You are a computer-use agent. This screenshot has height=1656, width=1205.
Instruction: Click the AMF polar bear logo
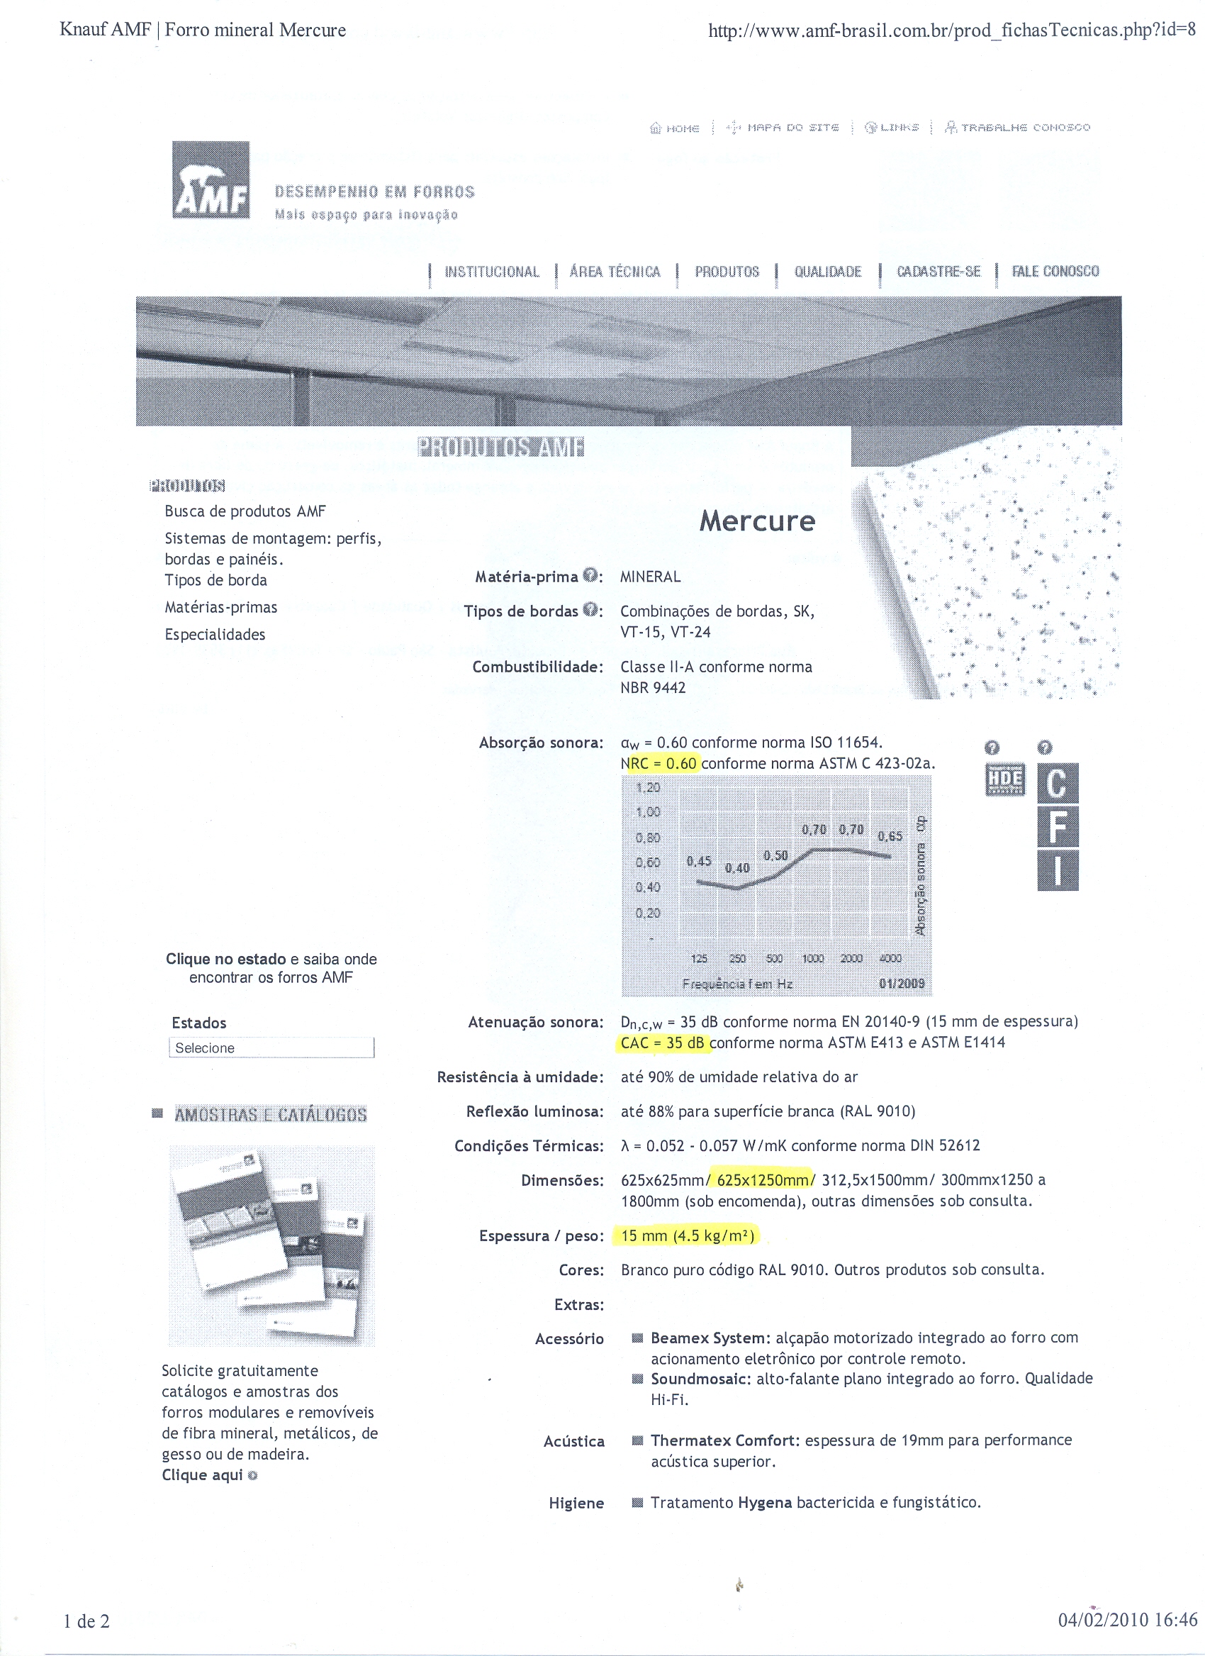pyautogui.click(x=211, y=179)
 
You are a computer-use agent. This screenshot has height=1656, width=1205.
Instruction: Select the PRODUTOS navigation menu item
pyautogui.click(x=727, y=272)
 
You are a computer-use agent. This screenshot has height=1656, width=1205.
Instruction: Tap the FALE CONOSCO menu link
pyautogui.click(x=1055, y=272)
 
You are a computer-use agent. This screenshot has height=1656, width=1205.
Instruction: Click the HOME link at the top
pyautogui.click(x=675, y=128)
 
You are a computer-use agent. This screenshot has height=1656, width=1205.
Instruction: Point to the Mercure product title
pyautogui.click(x=757, y=521)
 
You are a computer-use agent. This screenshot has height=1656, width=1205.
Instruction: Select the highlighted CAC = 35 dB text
pyautogui.click(x=663, y=1043)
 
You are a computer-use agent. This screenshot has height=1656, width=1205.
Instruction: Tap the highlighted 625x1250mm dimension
pyautogui.click(x=763, y=1180)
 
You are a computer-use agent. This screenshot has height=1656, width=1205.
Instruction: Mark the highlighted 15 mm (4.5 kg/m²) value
pyautogui.click(x=687, y=1235)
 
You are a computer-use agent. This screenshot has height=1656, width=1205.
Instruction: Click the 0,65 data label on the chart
pyautogui.click(x=890, y=837)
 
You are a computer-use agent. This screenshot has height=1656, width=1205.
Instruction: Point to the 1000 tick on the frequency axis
pyautogui.click(x=813, y=959)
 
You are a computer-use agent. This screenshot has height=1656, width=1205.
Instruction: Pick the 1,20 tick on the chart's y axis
pyautogui.click(x=647, y=788)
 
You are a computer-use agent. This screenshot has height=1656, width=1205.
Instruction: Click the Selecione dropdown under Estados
pyautogui.click(x=271, y=1047)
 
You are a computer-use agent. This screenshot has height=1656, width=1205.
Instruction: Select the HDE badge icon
pyautogui.click(x=1005, y=780)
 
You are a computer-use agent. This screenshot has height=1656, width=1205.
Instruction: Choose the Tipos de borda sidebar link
pyautogui.click(x=216, y=580)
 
